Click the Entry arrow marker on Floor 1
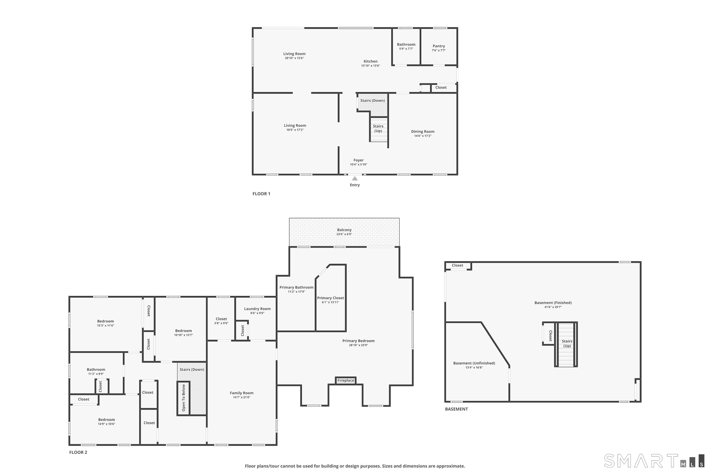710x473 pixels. pyautogui.click(x=355, y=179)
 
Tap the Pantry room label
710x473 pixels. pyautogui.click(x=439, y=46)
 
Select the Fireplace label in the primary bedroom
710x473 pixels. pyautogui.click(x=346, y=380)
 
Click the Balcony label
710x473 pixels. pyautogui.click(x=344, y=230)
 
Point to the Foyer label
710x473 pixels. pyautogui.click(x=358, y=160)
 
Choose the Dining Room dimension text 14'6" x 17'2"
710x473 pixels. pyautogui.click(x=423, y=136)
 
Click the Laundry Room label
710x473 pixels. pyautogui.click(x=257, y=309)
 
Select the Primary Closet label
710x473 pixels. pyautogui.click(x=330, y=298)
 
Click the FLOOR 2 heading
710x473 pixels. pyautogui.click(x=78, y=452)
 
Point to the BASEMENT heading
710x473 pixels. pyautogui.click(x=456, y=409)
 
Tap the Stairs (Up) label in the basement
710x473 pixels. pyautogui.click(x=567, y=344)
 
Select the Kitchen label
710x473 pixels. pyautogui.click(x=370, y=61)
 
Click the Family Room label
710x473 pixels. pyautogui.click(x=241, y=393)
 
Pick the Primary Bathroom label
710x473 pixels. pyautogui.click(x=296, y=287)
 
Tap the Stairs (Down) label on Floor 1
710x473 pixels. pyautogui.click(x=373, y=101)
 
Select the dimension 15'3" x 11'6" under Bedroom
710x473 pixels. pyautogui.click(x=106, y=325)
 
